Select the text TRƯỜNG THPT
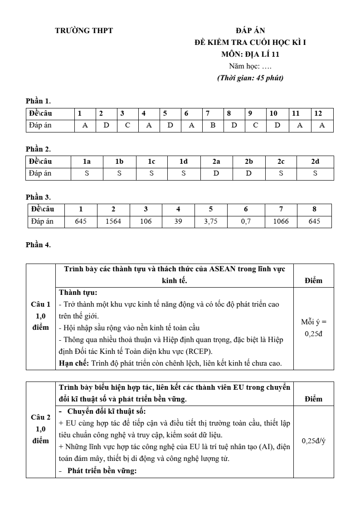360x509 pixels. (x=84, y=31)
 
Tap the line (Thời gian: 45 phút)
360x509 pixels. (x=250, y=78)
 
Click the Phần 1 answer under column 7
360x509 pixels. (x=213, y=126)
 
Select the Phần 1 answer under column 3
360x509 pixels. (x=127, y=126)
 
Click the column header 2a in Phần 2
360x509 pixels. (x=216, y=162)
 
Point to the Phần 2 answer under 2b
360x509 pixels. (x=248, y=173)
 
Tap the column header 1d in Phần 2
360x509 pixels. (x=184, y=162)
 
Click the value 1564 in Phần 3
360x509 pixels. (x=113, y=221)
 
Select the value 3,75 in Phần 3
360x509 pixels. (x=211, y=221)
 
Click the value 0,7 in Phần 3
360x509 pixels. (x=246, y=221)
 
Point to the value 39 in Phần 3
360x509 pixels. (x=178, y=221)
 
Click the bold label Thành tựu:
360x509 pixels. (x=78, y=293)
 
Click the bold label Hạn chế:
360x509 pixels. (x=74, y=363)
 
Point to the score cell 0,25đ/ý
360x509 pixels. (x=313, y=440)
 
